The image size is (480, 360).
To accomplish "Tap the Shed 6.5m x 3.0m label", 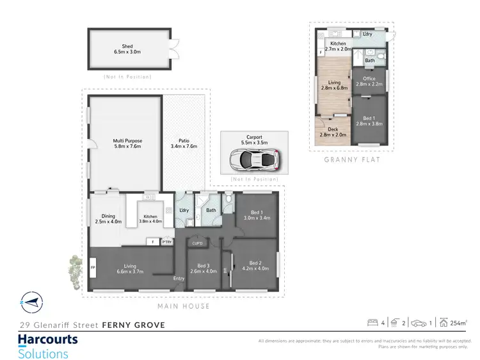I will point(127,49).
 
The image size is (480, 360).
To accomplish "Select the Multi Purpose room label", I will point(127,143).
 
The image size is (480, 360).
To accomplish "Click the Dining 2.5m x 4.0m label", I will point(108,218).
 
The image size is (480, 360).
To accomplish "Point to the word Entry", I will point(179,278).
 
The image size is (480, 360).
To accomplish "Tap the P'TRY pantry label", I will point(168,242).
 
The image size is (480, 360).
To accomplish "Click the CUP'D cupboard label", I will point(197,243).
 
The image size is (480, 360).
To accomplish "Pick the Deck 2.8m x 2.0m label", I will point(333,132).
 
